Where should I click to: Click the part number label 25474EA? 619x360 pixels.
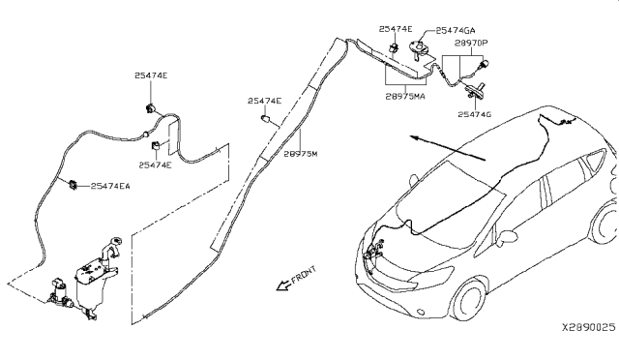pyautogui.click(x=110, y=186)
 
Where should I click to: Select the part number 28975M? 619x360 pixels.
pyautogui.click(x=301, y=154)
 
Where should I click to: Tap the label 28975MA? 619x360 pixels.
pyautogui.click(x=405, y=96)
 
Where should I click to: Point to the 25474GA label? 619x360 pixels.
pyautogui.click(x=456, y=30)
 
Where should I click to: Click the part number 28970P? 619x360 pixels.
pyautogui.click(x=471, y=44)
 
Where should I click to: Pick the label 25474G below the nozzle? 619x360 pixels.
pyautogui.click(x=475, y=114)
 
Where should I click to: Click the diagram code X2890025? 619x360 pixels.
pyautogui.click(x=589, y=327)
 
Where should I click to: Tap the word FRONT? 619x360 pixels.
pyautogui.click(x=304, y=275)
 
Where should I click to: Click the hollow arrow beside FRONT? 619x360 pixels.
pyautogui.click(x=282, y=285)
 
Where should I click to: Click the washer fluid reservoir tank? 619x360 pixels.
pyautogui.click(x=94, y=284)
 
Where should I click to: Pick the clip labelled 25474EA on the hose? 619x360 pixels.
pyautogui.click(x=74, y=185)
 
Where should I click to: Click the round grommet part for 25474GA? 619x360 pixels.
pyautogui.click(x=419, y=48)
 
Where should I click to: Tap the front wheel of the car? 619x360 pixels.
pyautogui.click(x=469, y=301)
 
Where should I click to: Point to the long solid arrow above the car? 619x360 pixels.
pyautogui.click(x=447, y=148)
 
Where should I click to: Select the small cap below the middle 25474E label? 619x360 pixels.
pyautogui.click(x=267, y=119)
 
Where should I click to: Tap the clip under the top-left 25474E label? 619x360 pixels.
pyautogui.click(x=151, y=107)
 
